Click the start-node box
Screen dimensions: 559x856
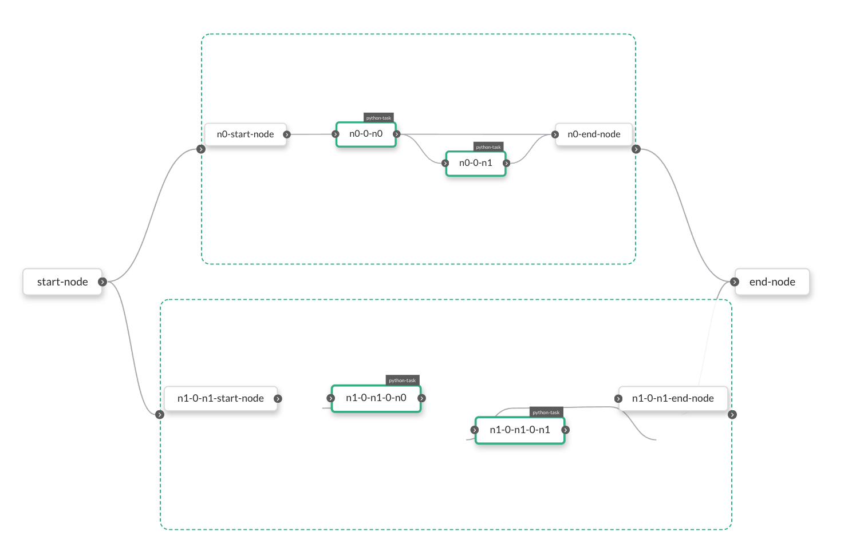pos(62,282)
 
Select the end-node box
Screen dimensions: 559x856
pos(772,282)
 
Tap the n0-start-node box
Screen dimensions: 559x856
pos(245,134)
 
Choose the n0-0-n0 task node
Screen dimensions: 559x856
pos(366,134)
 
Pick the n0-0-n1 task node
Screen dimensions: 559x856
pos(475,164)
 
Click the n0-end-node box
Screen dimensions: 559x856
pos(594,134)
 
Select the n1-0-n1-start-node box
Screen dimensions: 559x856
pos(220,399)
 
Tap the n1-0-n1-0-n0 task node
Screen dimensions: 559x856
pos(376,398)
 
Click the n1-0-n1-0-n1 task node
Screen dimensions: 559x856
pos(519,430)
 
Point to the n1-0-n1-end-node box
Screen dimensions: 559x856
pos(673,399)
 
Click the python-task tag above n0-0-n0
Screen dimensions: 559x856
pos(378,118)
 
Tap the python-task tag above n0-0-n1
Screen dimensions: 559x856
pos(488,147)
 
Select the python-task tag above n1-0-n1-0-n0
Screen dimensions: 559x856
pos(403,380)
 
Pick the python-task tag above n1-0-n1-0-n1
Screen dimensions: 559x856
pos(546,413)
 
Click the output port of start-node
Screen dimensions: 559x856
pos(102,282)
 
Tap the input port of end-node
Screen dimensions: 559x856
pos(735,282)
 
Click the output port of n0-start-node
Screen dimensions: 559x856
pos(287,134)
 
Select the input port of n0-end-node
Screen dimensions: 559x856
pos(555,134)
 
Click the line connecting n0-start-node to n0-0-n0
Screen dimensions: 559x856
pos(311,134)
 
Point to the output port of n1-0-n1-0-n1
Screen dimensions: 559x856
pos(566,430)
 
